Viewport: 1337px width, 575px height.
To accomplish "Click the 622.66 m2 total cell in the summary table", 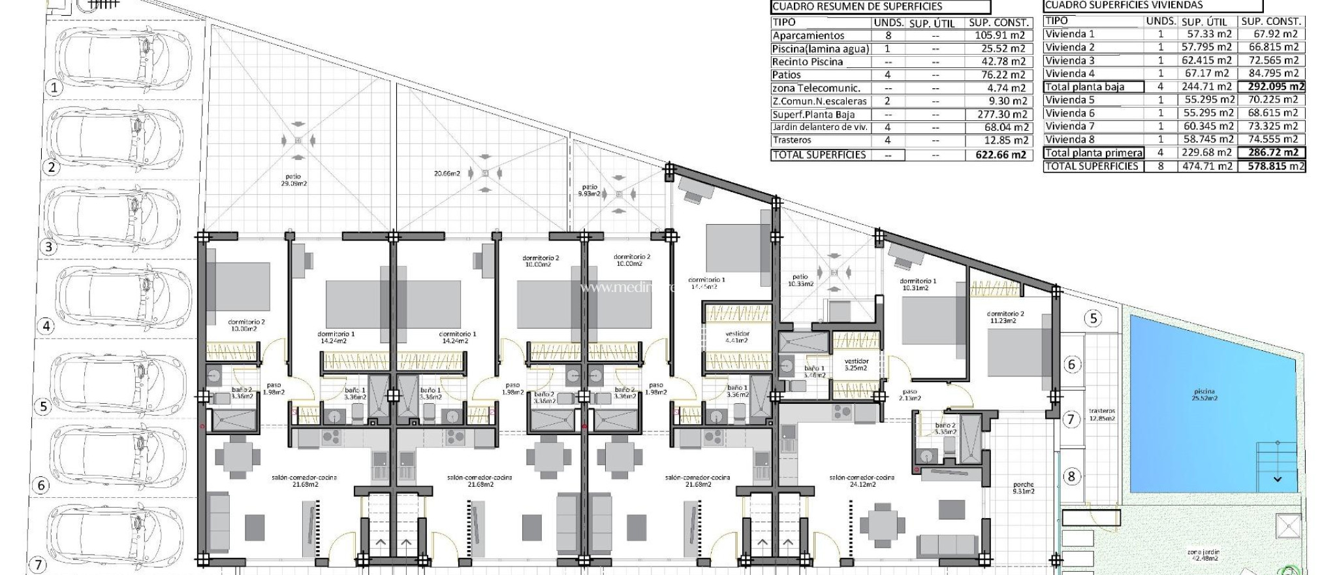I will coord(999,155).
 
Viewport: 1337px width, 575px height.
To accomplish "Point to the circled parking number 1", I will coord(54,88).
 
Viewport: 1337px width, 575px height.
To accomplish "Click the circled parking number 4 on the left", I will coord(46,326).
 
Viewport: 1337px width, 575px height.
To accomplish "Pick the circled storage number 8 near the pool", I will coord(1071,476).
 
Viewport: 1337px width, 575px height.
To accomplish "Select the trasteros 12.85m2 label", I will coord(1102,415).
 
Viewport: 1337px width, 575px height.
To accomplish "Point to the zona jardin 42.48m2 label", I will coord(1203,555).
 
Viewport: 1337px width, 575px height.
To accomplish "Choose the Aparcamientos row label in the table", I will coord(808,36).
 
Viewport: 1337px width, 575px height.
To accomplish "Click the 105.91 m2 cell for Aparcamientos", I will coord(999,36).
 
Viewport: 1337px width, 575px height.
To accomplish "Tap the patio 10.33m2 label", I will coord(800,280).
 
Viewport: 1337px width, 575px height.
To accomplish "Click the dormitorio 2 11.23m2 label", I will coord(1005,318).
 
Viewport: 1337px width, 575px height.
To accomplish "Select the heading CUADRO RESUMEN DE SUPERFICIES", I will coord(857,7).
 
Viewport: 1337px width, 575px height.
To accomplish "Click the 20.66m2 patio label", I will coord(447,174).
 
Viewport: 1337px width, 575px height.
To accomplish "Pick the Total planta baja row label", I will coord(1084,87).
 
